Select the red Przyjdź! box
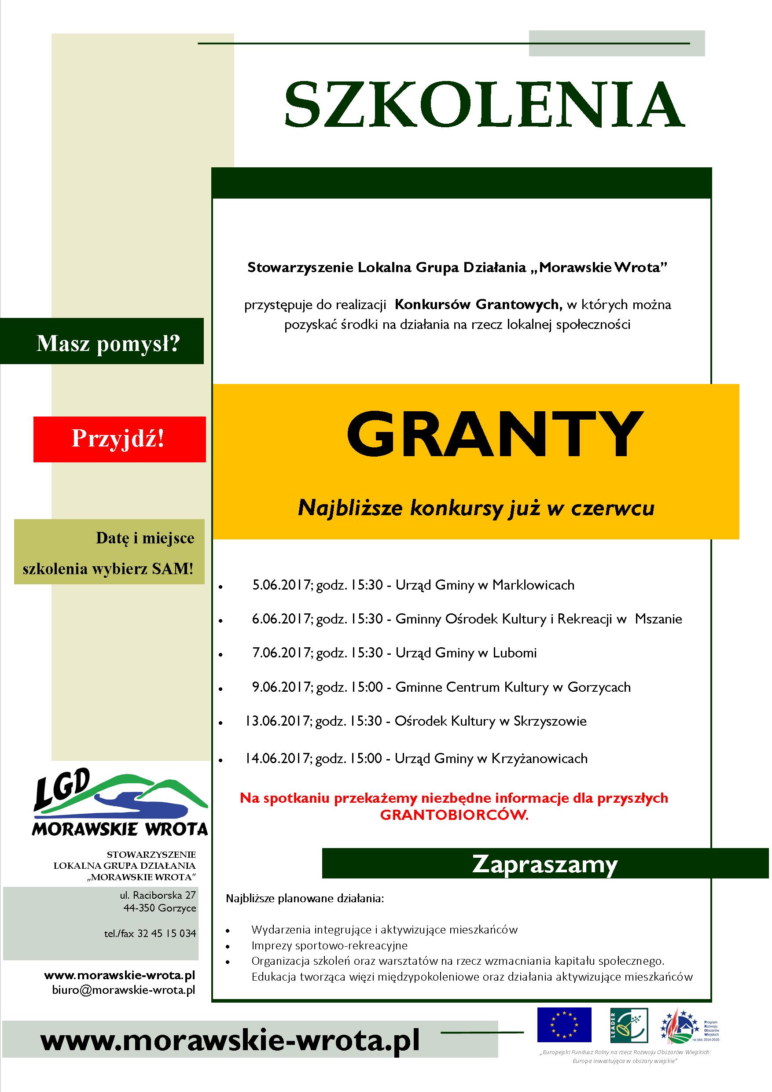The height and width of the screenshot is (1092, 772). pos(119,439)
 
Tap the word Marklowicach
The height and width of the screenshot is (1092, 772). pos(533,584)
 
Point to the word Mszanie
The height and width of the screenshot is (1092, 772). pos(658,619)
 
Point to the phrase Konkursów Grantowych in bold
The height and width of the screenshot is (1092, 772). pos(479,304)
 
